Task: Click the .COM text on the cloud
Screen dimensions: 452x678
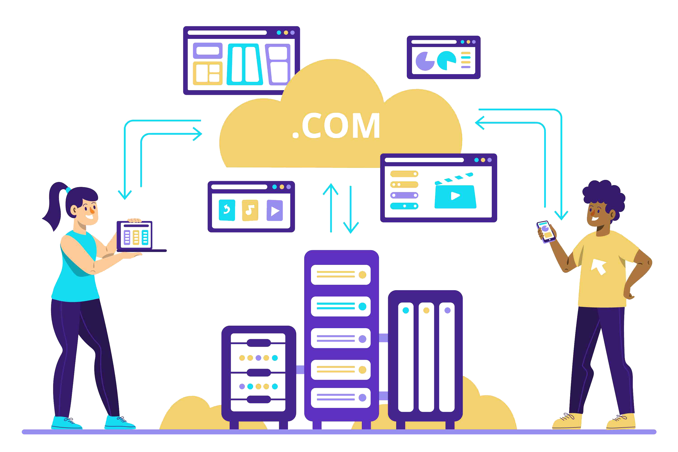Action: (336, 126)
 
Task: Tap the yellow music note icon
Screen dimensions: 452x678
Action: (250, 210)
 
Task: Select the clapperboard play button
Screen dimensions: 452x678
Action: (455, 196)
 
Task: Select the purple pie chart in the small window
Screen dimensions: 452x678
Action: (424, 61)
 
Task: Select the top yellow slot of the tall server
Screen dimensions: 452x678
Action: (341, 275)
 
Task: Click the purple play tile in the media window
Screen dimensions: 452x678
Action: (275, 210)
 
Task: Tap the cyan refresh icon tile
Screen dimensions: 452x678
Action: (227, 210)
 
